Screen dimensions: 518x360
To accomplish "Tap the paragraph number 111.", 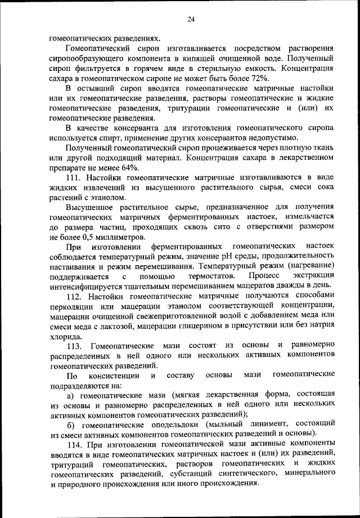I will coord(74,178).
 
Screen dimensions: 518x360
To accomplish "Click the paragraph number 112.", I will coord(74,296).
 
